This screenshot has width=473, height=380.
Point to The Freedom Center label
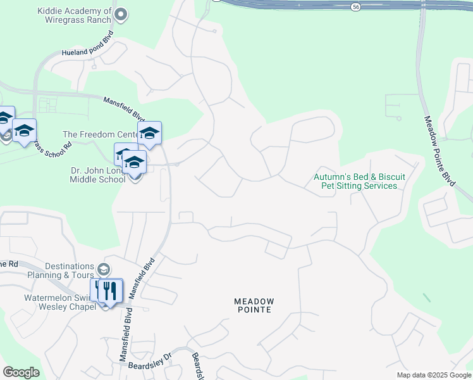click(100, 135)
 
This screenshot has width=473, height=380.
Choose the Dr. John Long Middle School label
click(97, 175)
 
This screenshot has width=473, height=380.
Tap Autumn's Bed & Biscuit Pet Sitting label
click(359, 181)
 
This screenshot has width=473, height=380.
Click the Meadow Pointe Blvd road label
click(439, 151)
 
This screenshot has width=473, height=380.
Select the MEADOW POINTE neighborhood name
click(254, 305)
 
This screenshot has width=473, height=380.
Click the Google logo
click(21, 372)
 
